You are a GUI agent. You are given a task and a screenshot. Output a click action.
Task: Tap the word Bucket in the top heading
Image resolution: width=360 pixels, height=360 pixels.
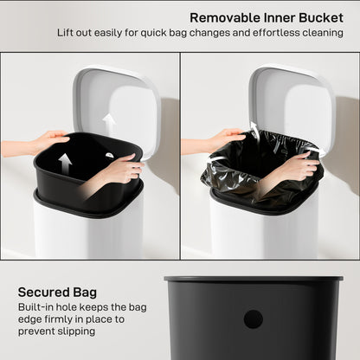coord(319,17)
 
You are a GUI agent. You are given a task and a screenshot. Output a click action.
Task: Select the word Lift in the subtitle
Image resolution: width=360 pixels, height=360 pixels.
coord(67,33)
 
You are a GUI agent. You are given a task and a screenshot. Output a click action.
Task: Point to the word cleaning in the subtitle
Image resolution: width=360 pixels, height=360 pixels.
coord(319,33)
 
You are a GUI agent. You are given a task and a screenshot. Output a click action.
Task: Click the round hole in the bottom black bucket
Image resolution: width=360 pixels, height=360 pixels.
coord(253,318)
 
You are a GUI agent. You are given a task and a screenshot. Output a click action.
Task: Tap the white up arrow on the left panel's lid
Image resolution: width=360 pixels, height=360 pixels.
coord(109,122)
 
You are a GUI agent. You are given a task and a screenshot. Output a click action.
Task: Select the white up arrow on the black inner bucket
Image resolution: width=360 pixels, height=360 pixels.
coord(65,163)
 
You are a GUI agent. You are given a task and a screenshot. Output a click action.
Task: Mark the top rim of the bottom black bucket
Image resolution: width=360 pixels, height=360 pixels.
coord(253,280)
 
